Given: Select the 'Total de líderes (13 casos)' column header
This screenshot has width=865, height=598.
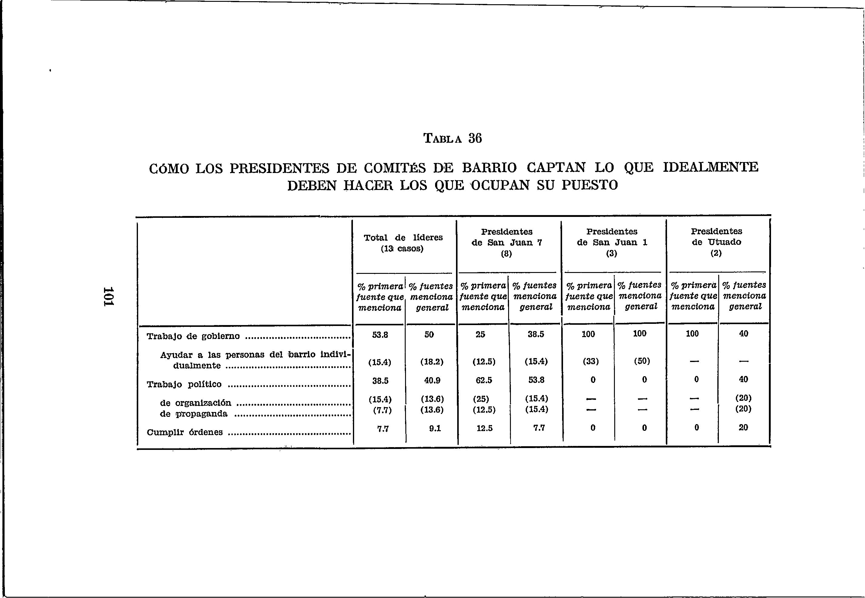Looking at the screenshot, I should (403, 243).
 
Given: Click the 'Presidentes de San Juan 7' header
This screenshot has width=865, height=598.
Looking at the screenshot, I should (507, 242).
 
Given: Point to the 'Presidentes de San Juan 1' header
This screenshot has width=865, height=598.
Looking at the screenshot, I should (612, 242).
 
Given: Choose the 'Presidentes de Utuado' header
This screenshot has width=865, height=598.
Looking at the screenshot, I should (716, 242).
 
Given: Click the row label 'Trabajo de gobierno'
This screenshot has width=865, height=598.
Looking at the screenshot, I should (193, 336).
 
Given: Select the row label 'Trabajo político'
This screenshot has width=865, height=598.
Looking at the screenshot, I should (184, 384).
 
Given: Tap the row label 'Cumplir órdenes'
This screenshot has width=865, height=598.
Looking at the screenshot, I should (185, 432).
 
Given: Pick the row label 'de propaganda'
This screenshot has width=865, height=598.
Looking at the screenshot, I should (193, 414).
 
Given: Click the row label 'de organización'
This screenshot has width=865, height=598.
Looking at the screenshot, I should (195, 403).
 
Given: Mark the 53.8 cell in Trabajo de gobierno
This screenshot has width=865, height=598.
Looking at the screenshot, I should (380, 334).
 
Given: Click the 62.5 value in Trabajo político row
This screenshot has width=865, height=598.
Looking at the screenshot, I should (484, 380).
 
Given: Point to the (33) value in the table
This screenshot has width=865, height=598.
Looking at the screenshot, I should (590, 362).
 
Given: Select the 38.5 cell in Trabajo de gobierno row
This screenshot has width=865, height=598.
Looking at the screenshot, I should (536, 334).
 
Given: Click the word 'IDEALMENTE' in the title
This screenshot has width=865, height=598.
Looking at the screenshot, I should (710, 167).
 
